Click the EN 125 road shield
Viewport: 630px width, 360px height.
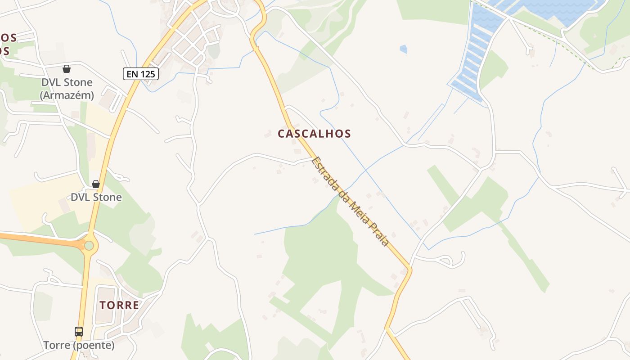tap(141, 74)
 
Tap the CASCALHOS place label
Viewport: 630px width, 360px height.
tap(314, 134)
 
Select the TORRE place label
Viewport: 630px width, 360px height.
tap(119, 305)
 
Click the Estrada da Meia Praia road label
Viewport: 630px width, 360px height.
tap(350, 201)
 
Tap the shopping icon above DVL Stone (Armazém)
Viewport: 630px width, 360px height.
tap(67, 69)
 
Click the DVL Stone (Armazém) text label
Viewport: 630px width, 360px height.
tap(67, 89)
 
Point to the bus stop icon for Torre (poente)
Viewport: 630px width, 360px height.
tap(79, 332)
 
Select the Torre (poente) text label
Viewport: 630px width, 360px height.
tap(79, 345)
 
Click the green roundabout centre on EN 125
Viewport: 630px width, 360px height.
tap(89, 245)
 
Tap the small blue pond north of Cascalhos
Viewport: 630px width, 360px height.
tap(403, 49)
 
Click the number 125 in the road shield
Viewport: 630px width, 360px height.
tap(147, 74)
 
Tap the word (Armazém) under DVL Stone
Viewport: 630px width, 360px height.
tap(67, 95)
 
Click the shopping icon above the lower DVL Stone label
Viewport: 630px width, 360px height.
tap(96, 184)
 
